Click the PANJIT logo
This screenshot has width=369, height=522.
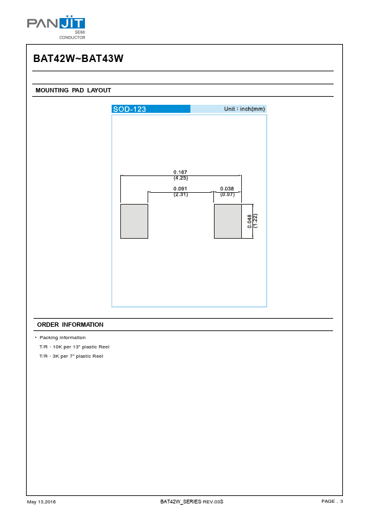pos(56,27)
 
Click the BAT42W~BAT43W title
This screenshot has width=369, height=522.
pos(78,59)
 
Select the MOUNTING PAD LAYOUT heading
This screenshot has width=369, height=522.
pos(73,91)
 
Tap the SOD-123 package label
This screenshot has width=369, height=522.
pos(130,109)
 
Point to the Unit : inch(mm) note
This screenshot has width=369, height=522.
pos(244,109)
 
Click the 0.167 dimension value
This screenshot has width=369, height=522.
pos(180,172)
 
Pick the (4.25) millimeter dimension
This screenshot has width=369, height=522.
pos(180,178)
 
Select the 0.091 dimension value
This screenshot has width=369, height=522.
pos(180,188)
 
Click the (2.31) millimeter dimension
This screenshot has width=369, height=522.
pos(180,195)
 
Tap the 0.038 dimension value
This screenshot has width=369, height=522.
pos(227,188)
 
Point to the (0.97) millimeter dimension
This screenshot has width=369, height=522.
pos(227,195)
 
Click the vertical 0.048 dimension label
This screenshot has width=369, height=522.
pos(249,221)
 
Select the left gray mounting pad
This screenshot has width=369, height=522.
pos(134,221)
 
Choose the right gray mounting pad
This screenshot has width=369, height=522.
pos(228,221)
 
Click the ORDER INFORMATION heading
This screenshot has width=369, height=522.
pos(70,325)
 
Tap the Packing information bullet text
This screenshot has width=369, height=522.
pos(63,338)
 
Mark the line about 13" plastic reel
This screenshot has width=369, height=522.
pos(74,347)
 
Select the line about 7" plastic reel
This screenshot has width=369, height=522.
pos(71,356)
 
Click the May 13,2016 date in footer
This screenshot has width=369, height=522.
pos(42,502)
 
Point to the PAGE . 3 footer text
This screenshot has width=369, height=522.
pos(332,501)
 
